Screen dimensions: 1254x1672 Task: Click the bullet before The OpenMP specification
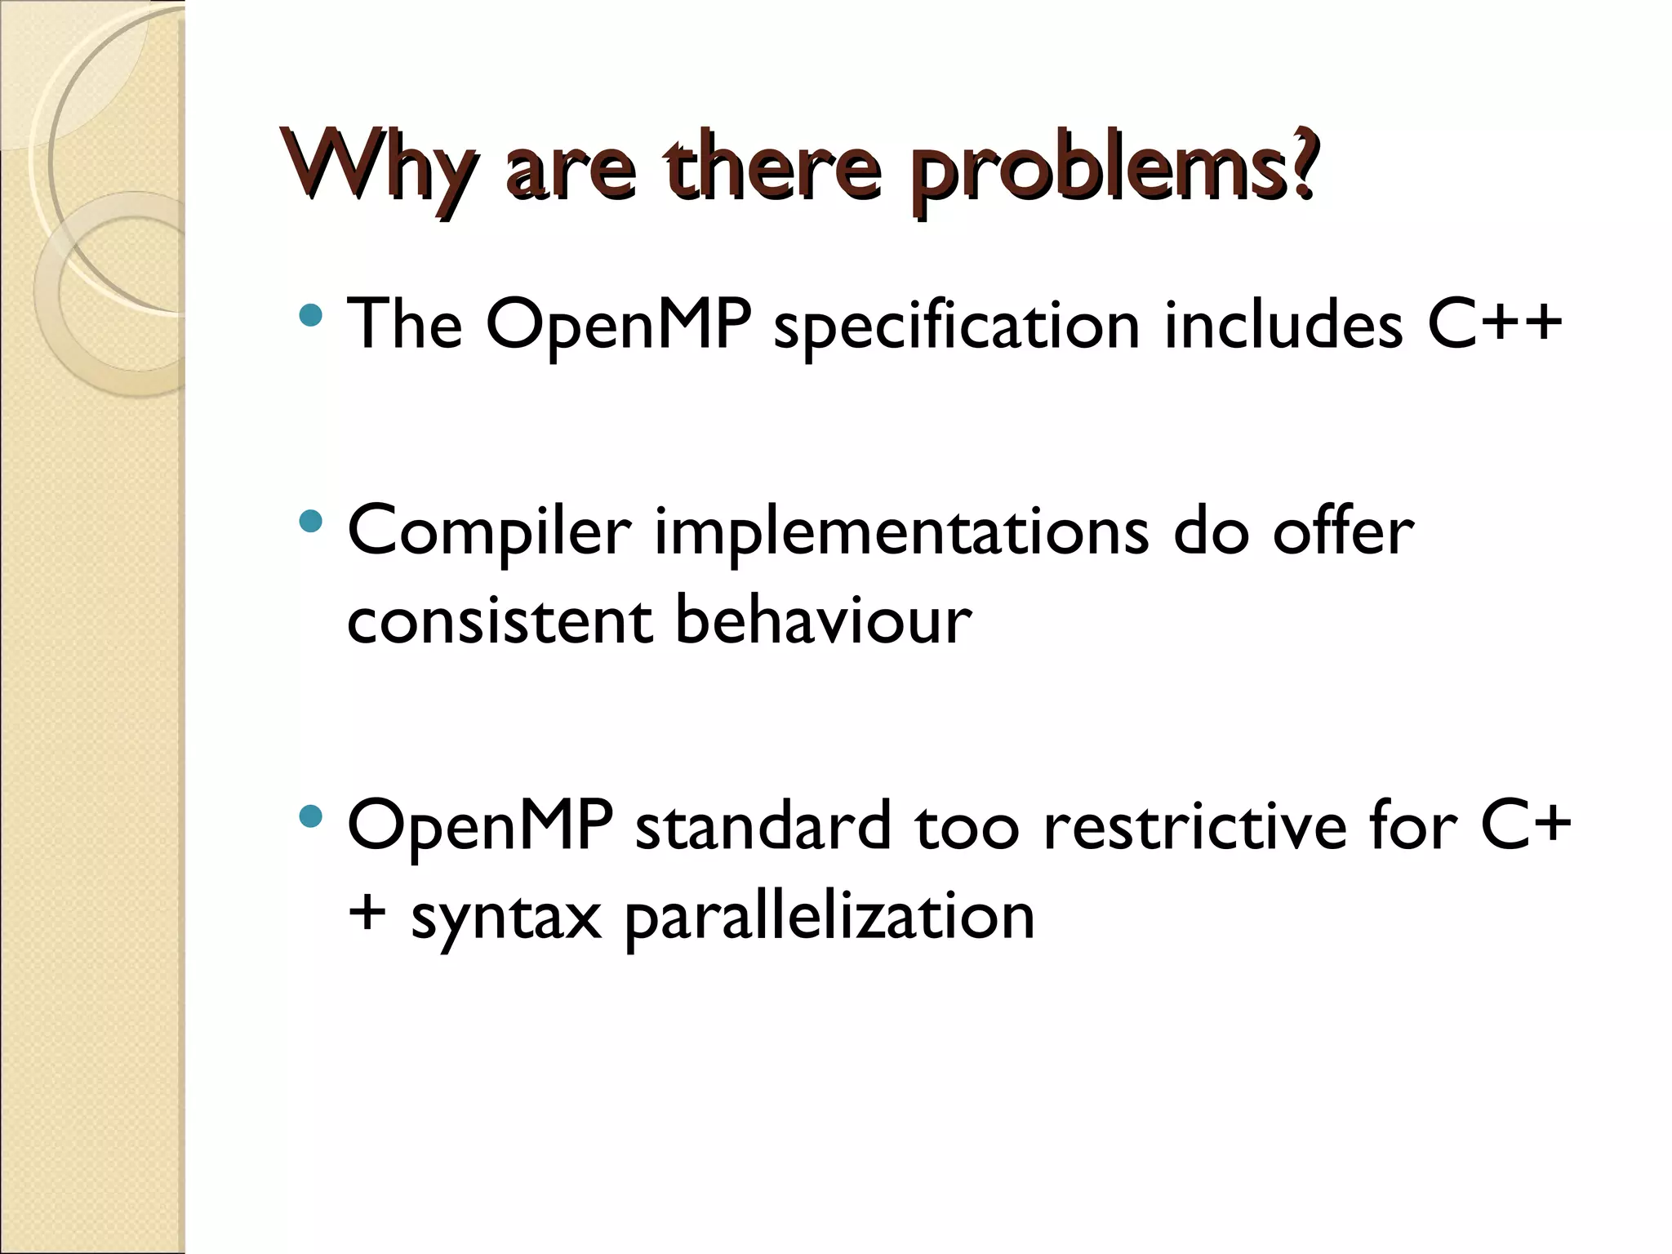(x=311, y=314)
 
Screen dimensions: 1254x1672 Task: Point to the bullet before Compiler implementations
(x=311, y=521)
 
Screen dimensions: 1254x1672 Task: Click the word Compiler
(x=489, y=532)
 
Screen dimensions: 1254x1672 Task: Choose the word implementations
(x=901, y=532)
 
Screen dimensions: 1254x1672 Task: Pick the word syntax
(x=505, y=916)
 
